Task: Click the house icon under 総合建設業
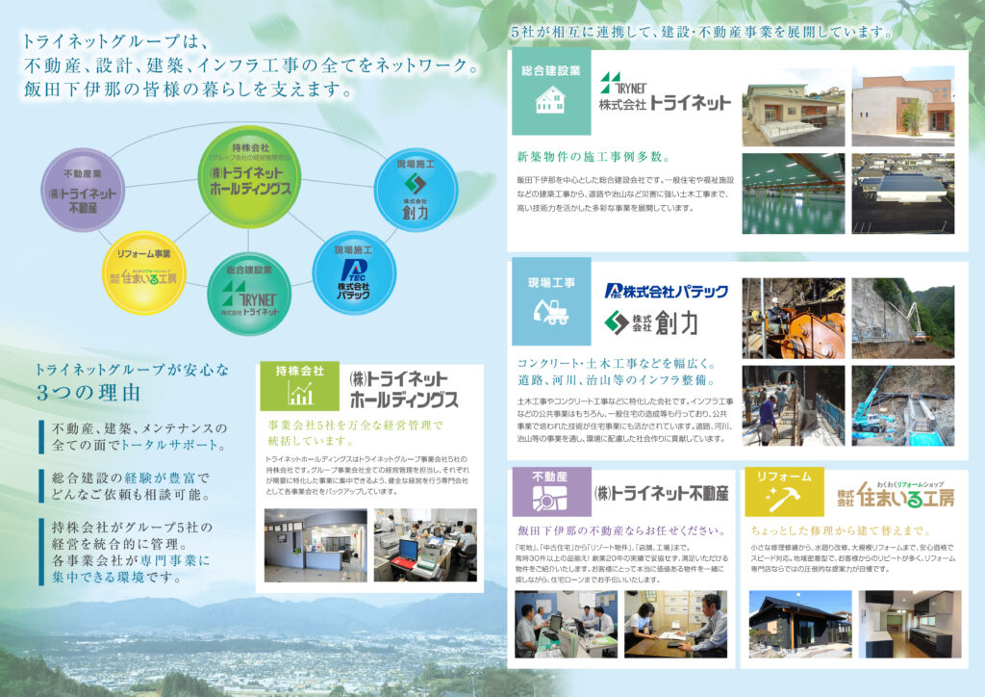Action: click(x=549, y=101)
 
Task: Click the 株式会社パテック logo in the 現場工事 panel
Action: click(x=666, y=291)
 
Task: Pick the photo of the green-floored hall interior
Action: click(x=793, y=193)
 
